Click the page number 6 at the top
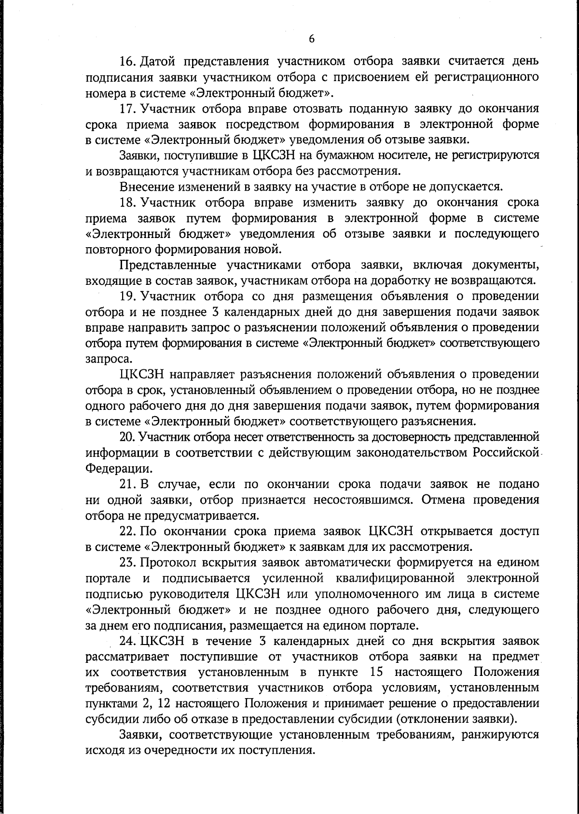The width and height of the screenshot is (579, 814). [312, 39]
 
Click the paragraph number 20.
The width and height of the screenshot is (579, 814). [127, 437]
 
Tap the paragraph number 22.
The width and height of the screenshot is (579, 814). [127, 531]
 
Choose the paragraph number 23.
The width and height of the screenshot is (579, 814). [127, 562]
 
